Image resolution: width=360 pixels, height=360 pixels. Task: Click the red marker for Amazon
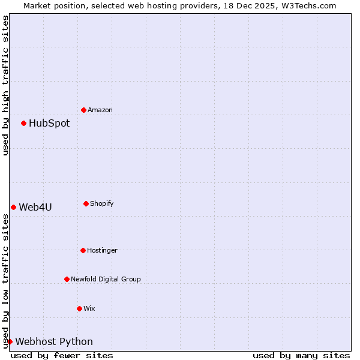83,110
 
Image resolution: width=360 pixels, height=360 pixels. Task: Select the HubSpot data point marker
23,123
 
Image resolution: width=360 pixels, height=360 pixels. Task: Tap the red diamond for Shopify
86,203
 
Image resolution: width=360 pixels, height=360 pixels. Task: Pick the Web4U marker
13,207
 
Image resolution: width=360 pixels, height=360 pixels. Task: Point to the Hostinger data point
83,250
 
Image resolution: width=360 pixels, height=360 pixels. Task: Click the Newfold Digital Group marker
67,279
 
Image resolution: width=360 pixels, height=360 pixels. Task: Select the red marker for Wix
79,308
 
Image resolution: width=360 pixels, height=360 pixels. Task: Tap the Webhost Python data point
10,341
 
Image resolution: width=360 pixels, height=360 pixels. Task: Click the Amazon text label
100,110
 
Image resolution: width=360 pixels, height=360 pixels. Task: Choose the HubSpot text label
49,123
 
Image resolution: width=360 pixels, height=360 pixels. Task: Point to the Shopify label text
102,203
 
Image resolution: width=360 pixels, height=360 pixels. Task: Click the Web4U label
35,207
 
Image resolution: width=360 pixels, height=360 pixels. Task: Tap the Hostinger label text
103,250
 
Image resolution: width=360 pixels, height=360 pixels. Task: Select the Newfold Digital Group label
106,279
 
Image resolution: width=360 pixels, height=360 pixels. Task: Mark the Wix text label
89,308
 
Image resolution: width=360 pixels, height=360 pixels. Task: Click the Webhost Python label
54,341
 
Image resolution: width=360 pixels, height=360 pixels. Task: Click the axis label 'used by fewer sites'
62,355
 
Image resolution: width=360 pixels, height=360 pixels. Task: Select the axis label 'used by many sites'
301,355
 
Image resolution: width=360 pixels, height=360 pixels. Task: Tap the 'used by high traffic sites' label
5,85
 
